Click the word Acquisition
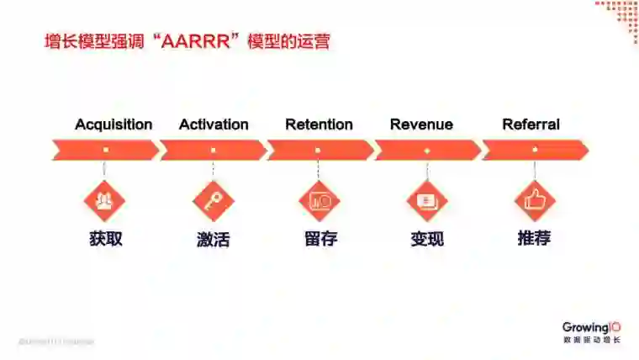click(x=114, y=124)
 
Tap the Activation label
click(x=214, y=124)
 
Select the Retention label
click(x=319, y=124)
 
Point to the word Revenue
click(x=421, y=124)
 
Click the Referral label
click(x=531, y=124)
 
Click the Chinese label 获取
click(x=106, y=238)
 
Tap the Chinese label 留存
click(x=320, y=238)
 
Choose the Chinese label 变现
click(x=427, y=238)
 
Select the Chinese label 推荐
click(x=534, y=238)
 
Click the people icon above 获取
click(x=104, y=200)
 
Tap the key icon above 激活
click(x=213, y=200)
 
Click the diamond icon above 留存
click(x=319, y=200)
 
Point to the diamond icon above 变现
click(x=426, y=200)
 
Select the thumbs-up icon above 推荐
click(x=535, y=200)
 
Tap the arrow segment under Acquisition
click(x=105, y=151)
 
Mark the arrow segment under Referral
click(x=535, y=151)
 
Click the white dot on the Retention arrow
click(x=318, y=151)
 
